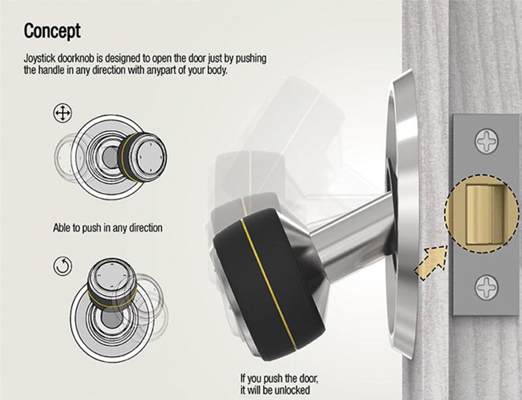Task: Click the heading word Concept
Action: (x=52, y=32)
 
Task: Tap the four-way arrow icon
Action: (x=62, y=113)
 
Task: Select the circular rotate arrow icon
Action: (x=63, y=267)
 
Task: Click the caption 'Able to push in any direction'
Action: (x=108, y=228)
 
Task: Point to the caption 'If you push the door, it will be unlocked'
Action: (x=279, y=384)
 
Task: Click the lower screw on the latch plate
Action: (x=486, y=287)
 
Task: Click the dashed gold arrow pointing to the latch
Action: (x=431, y=263)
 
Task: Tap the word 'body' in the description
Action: (x=216, y=70)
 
